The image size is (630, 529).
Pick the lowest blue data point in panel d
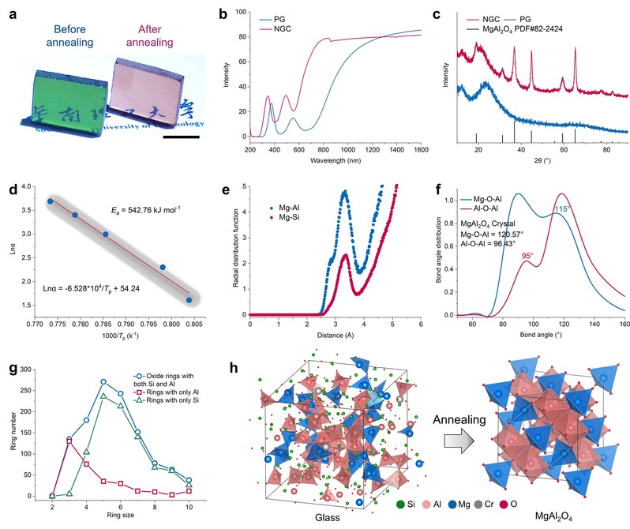[x=189, y=300]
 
